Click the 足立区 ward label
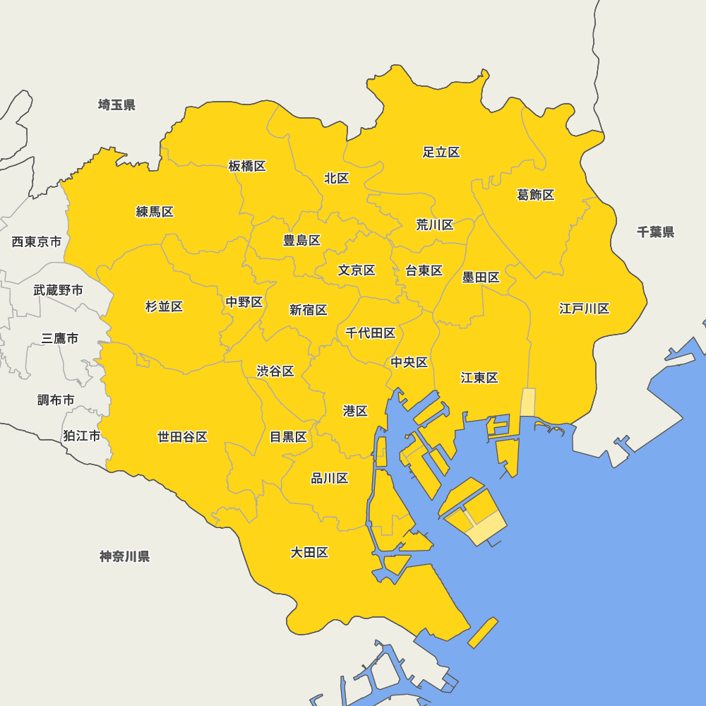tap(441, 152)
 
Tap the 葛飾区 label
tap(536, 195)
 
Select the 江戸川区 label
tap(585, 309)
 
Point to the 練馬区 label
tap(155, 212)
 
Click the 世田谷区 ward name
tap(183, 437)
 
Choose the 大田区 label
tap(310, 552)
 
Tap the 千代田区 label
tap(371, 333)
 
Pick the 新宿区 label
tap(309, 310)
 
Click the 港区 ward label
tap(355, 411)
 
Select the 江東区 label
tap(480, 378)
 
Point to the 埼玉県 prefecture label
tap(116, 105)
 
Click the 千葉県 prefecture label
tap(655, 232)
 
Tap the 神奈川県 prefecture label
tap(125, 556)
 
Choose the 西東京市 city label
tap(37, 242)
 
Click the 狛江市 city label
tap(82, 436)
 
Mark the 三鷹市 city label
tap(60, 338)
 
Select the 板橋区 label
tap(247, 166)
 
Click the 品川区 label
tap(330, 479)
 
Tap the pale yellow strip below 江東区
tap(527, 402)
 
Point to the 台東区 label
tap(424, 270)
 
